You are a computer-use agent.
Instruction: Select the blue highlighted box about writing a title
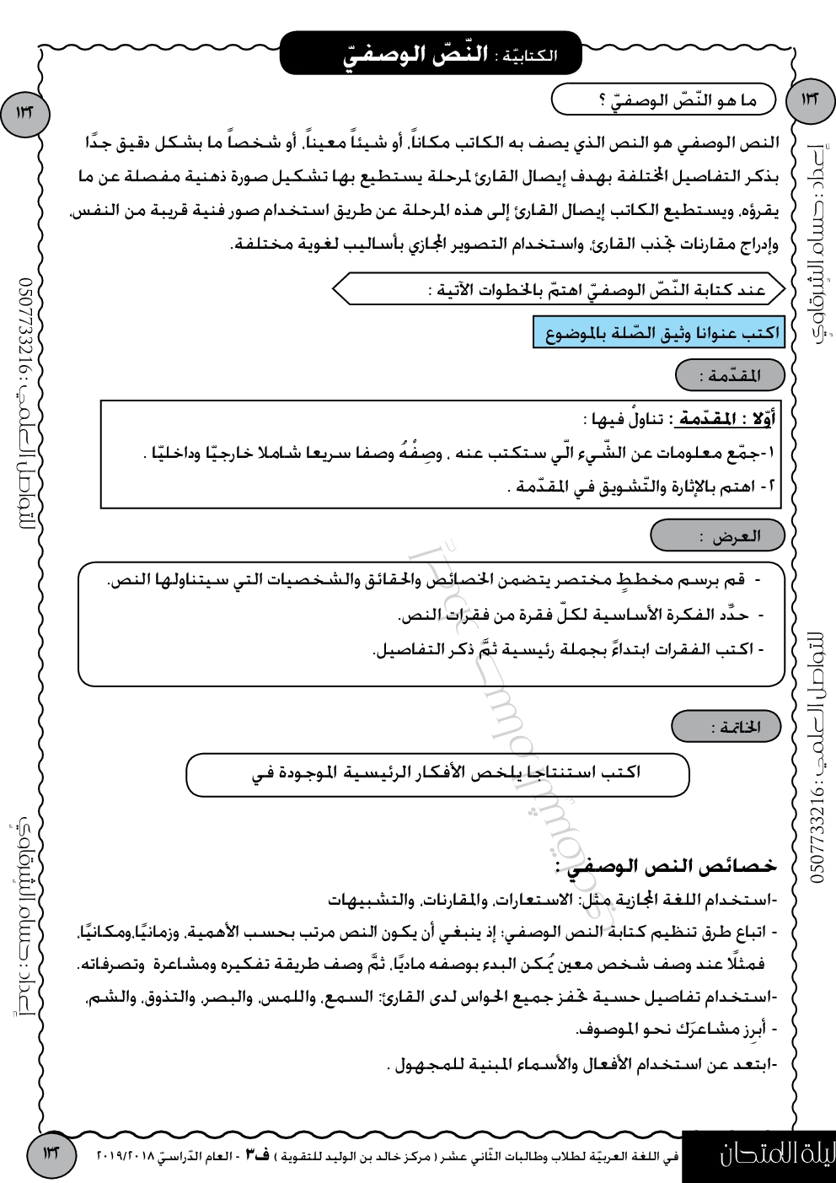(x=659, y=333)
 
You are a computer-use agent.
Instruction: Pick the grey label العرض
(x=719, y=535)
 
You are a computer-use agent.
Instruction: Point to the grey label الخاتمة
(x=726, y=727)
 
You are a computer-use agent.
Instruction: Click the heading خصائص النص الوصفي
(x=666, y=866)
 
